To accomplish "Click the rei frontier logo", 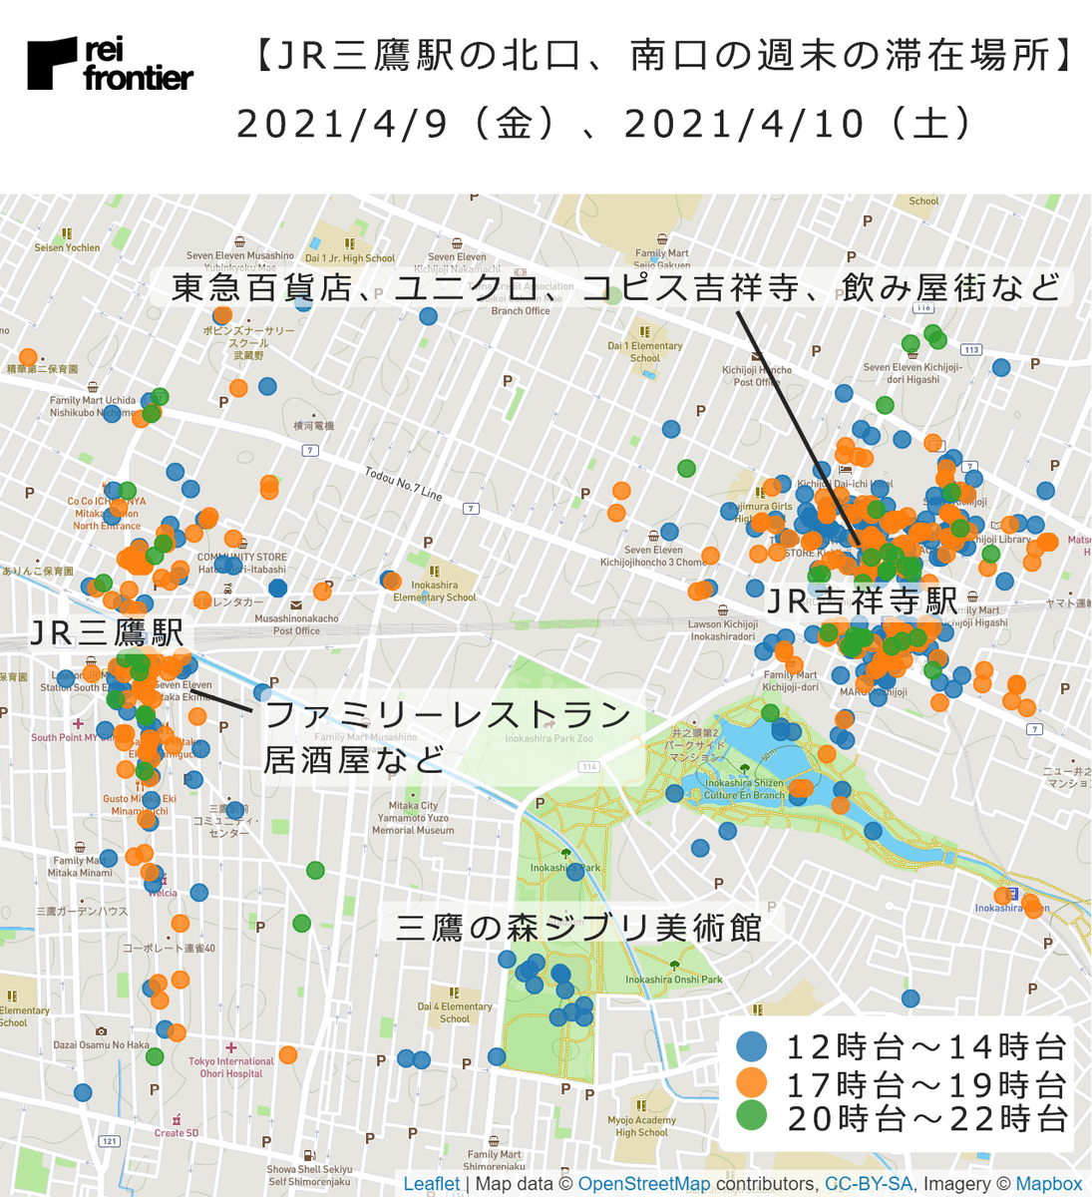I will click(x=110, y=64).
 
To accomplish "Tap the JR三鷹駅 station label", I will click(x=107, y=633).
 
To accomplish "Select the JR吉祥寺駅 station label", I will click(x=862, y=601).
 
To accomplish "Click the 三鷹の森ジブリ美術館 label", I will click(x=579, y=928).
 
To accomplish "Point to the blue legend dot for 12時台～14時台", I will click(x=751, y=1046).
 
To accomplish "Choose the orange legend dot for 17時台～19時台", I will click(x=751, y=1082).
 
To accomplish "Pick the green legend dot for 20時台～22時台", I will click(x=751, y=1116).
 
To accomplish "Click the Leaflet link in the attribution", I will click(x=431, y=1184).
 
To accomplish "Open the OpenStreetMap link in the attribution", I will click(x=643, y=1184).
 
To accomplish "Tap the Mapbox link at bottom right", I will click(x=1048, y=1184).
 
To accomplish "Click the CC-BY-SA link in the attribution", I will click(x=868, y=1184).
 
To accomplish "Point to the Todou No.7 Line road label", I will click(x=403, y=484).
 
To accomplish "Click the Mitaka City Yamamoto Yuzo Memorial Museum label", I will click(x=413, y=818).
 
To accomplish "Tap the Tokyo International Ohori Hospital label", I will click(x=230, y=1067).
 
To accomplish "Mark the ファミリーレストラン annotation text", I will click(x=448, y=714).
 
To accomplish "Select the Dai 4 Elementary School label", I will click(x=455, y=1012).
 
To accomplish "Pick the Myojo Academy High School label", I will click(x=641, y=1126).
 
